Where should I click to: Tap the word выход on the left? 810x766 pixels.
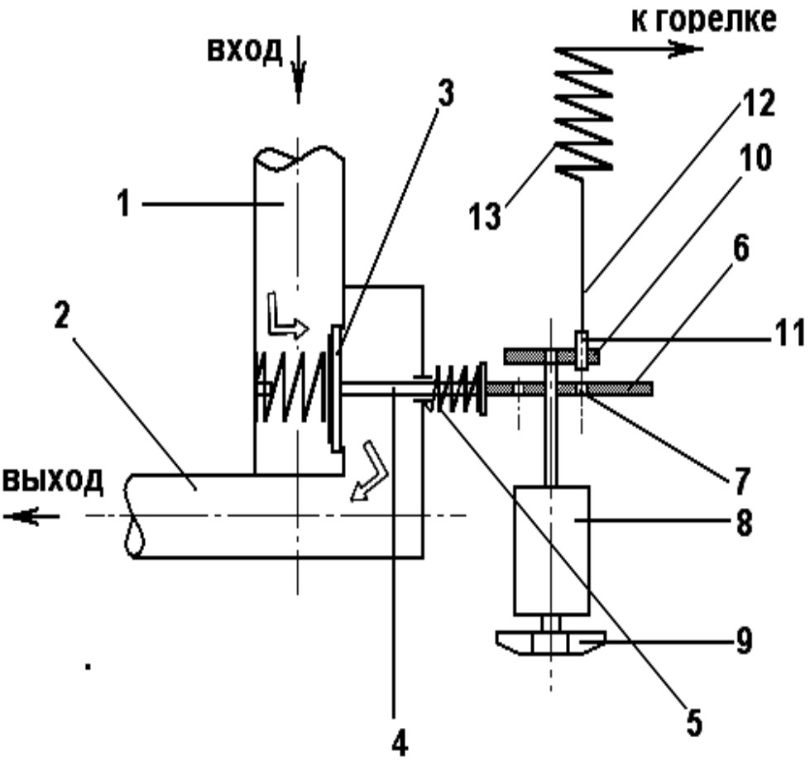pyautogui.click(x=53, y=481)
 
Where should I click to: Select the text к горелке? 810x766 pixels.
pyautogui.click(x=704, y=20)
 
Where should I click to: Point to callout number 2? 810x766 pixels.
pyautogui.click(x=61, y=315)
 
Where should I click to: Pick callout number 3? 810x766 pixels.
pyautogui.click(x=444, y=93)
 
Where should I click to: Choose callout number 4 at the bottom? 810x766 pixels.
pyautogui.click(x=398, y=744)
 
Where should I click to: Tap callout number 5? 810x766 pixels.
pyautogui.click(x=694, y=723)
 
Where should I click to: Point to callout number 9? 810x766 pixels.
pyautogui.click(x=742, y=641)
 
